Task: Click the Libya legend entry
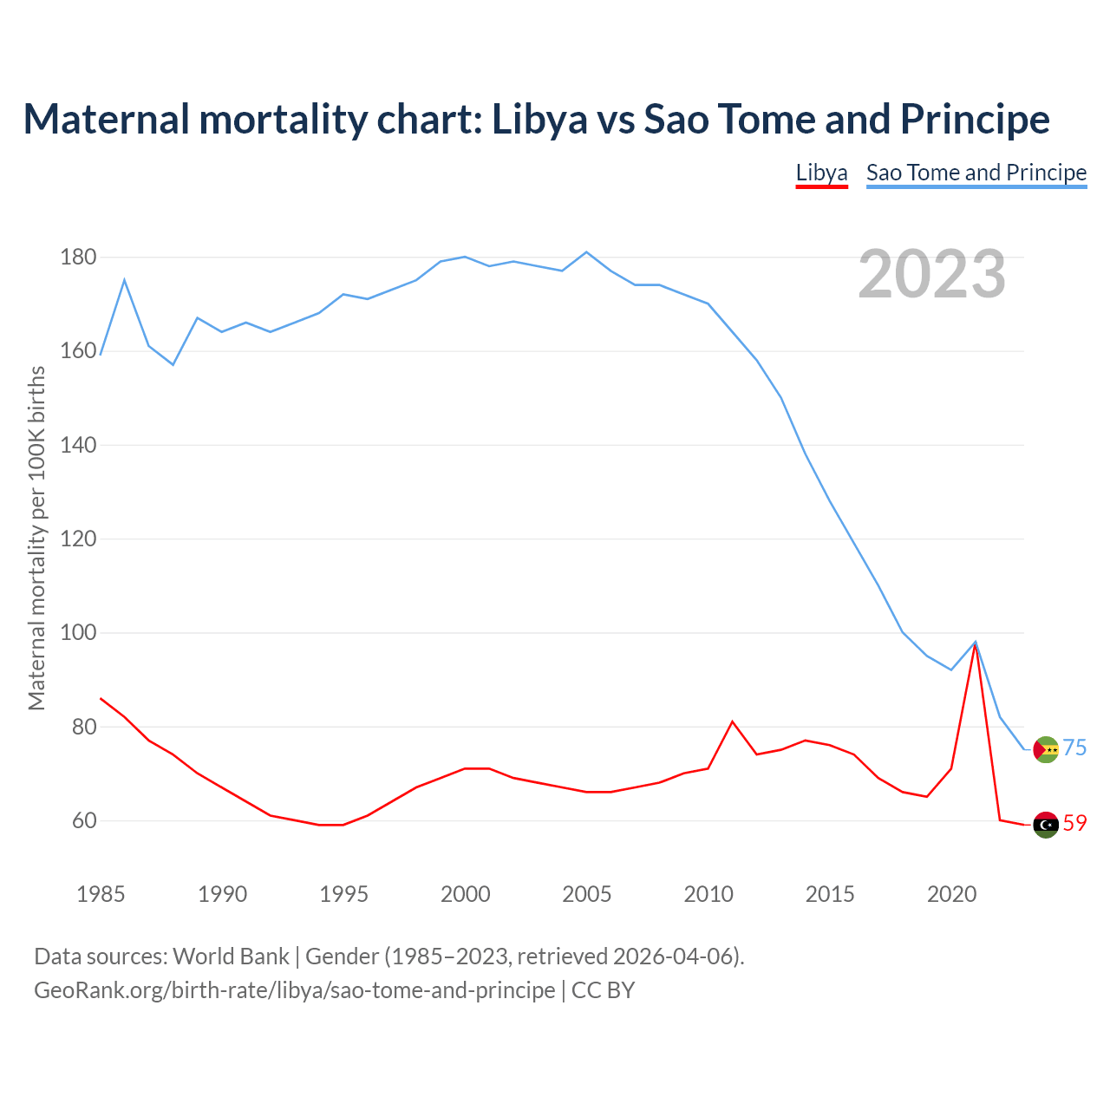tap(821, 173)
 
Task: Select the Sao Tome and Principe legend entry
tap(976, 173)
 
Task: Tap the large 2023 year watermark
tap(931, 274)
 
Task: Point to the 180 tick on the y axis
tap(77, 258)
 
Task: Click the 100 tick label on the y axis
tap(77, 633)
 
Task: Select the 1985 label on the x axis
tap(101, 894)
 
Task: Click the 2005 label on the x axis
tap(586, 894)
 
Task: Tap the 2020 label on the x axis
tap(951, 894)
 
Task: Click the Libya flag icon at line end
tap(1046, 825)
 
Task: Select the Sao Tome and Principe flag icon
tap(1046, 749)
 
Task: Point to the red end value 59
tap(1074, 823)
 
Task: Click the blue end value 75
tap(1074, 748)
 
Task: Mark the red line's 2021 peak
tap(976, 644)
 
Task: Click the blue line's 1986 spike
tap(124, 280)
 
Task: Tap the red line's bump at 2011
tap(732, 721)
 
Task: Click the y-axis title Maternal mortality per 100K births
tap(36, 538)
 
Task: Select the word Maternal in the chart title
tap(106, 119)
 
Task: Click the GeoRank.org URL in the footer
tap(294, 989)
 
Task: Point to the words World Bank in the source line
tap(231, 956)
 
